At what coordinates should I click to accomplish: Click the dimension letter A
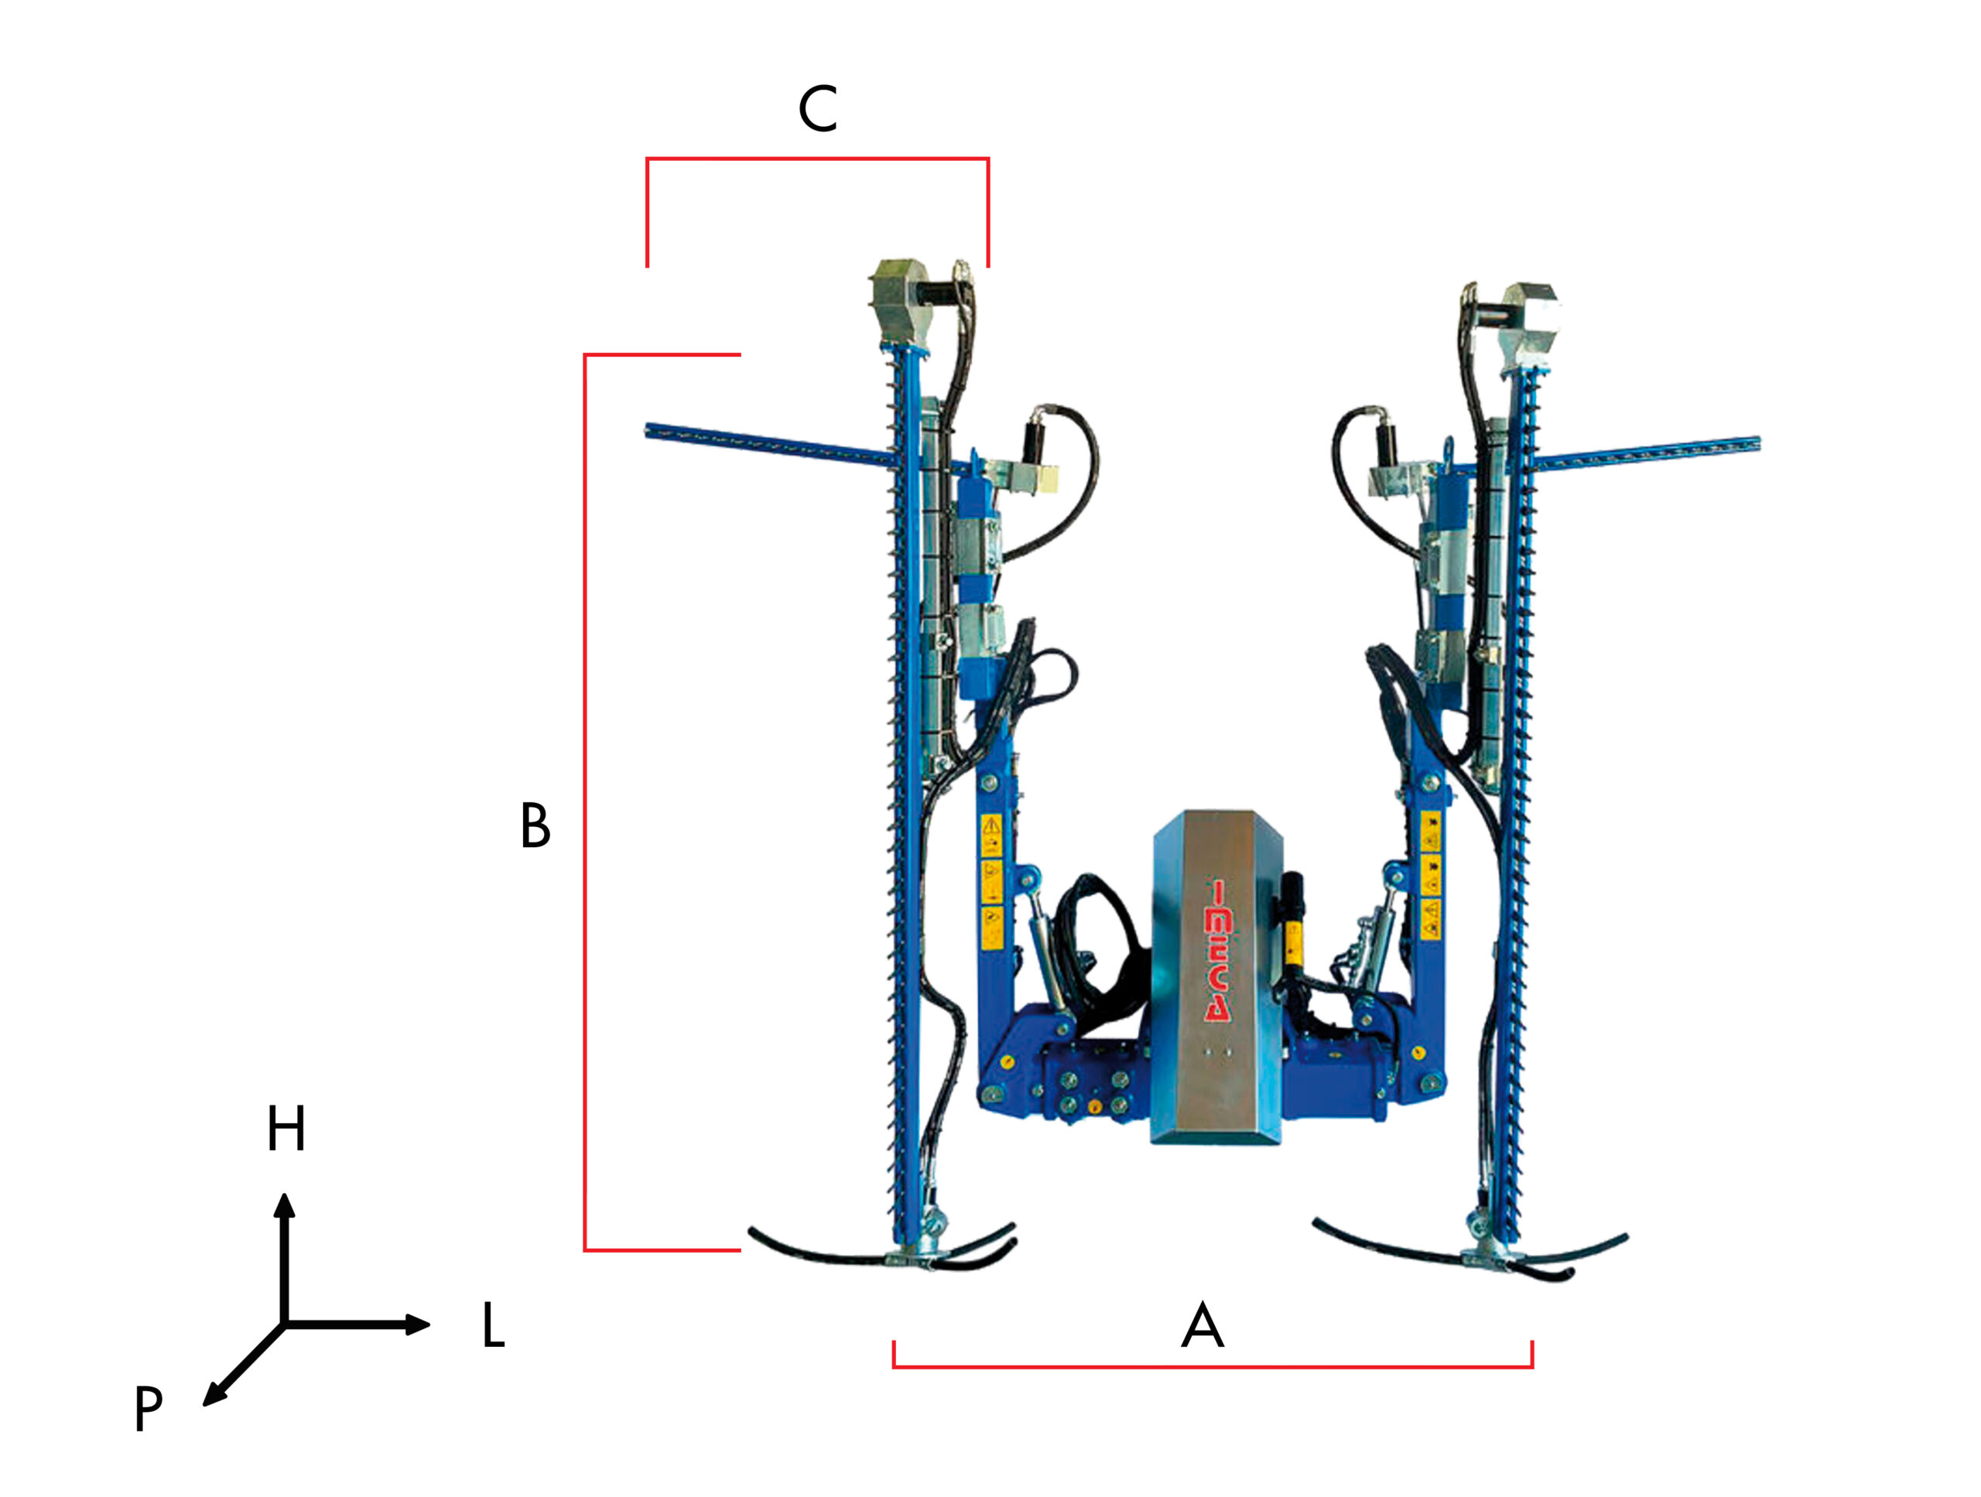pyautogui.click(x=1202, y=1326)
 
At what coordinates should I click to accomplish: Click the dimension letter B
pyautogui.click(x=535, y=825)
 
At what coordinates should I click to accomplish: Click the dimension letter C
pyautogui.click(x=818, y=109)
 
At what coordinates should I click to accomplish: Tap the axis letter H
pyautogui.click(x=286, y=1128)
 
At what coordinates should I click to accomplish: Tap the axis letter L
pyautogui.click(x=494, y=1325)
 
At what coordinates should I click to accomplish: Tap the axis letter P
pyautogui.click(x=149, y=1408)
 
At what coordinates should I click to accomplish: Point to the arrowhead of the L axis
pyautogui.click(x=419, y=1324)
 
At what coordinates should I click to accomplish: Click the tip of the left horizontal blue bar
pyautogui.click(x=649, y=431)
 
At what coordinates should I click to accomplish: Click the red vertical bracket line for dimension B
pyautogui.click(x=585, y=806)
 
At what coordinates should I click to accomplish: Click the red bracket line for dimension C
pyautogui.click(x=816, y=159)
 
